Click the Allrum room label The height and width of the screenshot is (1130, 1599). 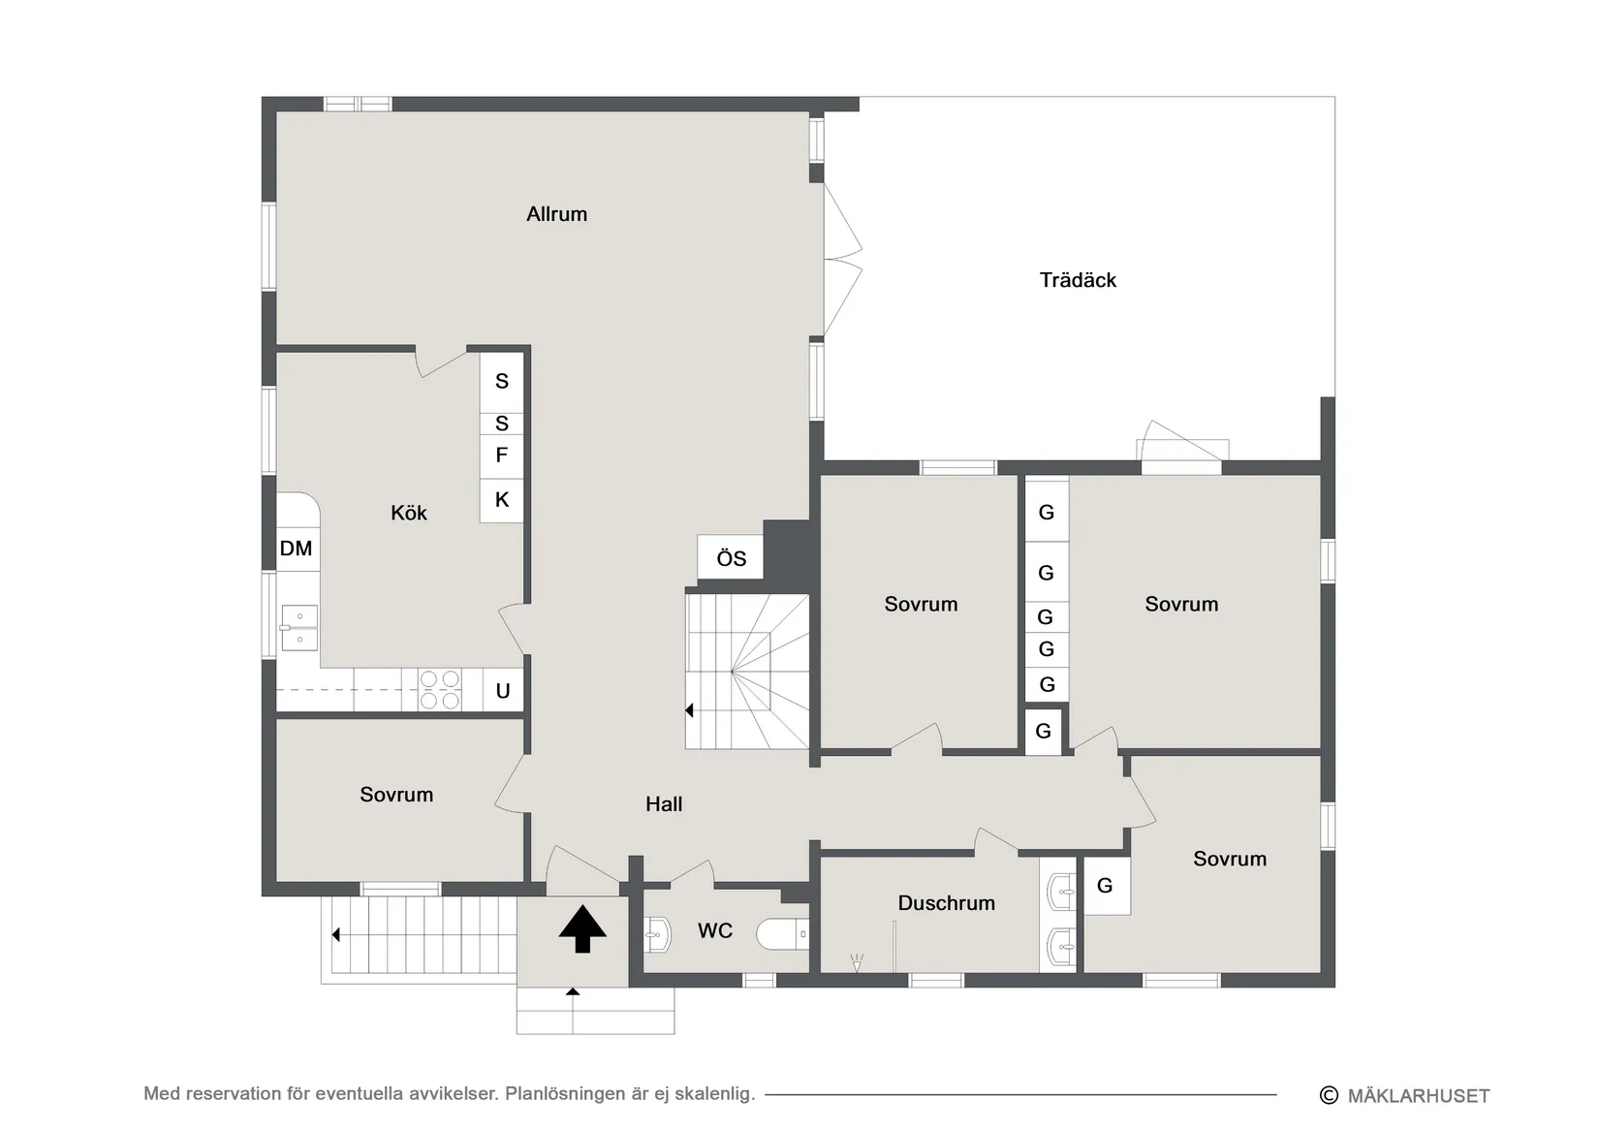point(557,214)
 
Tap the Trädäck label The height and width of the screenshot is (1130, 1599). point(1078,280)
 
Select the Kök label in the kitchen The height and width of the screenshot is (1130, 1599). point(408,513)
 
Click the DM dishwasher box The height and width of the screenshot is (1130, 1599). point(297,549)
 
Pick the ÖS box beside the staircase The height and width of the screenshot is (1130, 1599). point(731,557)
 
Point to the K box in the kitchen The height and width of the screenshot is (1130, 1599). point(502,500)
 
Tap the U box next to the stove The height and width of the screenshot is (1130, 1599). point(503,690)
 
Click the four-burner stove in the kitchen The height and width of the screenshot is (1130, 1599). point(440,690)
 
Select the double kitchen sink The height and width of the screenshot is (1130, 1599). point(299,628)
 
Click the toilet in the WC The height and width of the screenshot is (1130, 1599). point(783,933)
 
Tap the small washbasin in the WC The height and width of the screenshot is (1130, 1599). point(657,933)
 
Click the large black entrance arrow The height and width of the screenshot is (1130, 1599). point(582,928)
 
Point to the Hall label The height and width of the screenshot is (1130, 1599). point(664,804)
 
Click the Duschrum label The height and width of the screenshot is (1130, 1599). point(947,903)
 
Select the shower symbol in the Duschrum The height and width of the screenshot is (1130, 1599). point(857,963)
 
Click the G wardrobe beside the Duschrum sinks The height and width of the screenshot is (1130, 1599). point(1106,886)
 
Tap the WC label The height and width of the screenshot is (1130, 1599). point(714,930)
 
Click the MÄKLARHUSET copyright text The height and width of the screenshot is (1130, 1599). point(1405,1096)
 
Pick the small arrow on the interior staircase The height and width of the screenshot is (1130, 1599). point(690,710)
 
